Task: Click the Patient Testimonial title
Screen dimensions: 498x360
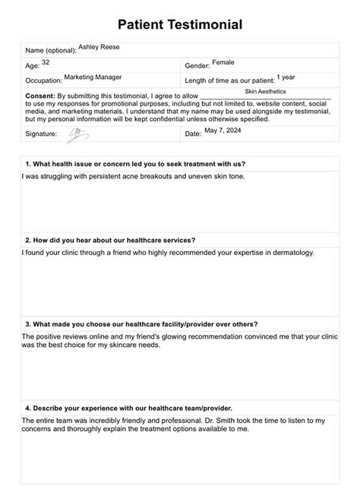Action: point(180,25)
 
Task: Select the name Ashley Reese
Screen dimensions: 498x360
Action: point(99,47)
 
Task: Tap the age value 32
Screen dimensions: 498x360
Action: point(46,62)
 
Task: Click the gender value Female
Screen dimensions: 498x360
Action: point(223,62)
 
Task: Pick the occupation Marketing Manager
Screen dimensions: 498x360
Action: point(93,77)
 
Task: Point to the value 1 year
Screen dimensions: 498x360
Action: point(286,77)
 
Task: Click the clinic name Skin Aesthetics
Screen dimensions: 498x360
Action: point(265,91)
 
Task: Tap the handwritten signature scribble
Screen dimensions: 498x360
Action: point(78,134)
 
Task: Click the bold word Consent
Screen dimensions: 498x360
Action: point(39,96)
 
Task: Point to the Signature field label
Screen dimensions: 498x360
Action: point(41,134)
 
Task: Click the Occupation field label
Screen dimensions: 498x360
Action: point(43,80)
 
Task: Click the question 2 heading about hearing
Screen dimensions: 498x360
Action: point(110,240)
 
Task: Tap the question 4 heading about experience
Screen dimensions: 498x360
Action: point(128,408)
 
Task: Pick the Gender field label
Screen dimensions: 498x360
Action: point(197,66)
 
